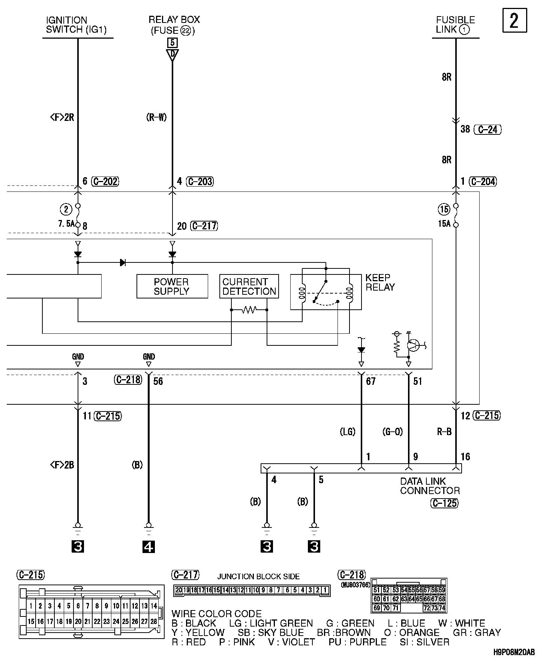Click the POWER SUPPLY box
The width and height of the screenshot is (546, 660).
[x=172, y=286]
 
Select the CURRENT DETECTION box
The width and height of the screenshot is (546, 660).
[x=249, y=286]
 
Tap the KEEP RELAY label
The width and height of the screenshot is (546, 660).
[x=380, y=282]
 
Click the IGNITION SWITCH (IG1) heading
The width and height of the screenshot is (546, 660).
[x=77, y=25]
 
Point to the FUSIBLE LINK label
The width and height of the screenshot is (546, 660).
[x=455, y=25]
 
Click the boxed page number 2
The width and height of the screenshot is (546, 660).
[x=514, y=20]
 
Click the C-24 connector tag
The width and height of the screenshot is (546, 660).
[x=488, y=130]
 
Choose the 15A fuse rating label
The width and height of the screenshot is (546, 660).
[x=444, y=224]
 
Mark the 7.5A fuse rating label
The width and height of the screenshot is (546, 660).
[x=66, y=224]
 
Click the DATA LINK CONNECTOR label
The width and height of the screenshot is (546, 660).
[x=430, y=486]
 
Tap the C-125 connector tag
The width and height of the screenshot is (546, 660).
[x=444, y=503]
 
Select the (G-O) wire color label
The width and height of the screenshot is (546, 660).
[x=393, y=432]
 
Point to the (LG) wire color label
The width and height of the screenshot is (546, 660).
[x=347, y=432]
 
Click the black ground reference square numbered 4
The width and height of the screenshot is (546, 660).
[x=149, y=547]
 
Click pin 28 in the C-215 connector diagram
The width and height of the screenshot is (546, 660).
[x=154, y=622]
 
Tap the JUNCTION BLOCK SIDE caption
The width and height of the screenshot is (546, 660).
[x=258, y=577]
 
